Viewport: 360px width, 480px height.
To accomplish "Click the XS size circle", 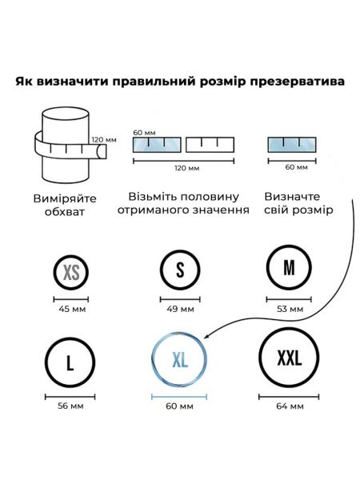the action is [x=54, y=272].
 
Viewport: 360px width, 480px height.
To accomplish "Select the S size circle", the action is [x=161, y=270].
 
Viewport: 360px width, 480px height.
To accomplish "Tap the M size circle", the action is [x=267, y=267].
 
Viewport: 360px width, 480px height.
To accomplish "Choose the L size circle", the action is [x=46, y=362].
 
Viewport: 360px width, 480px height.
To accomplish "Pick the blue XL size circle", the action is [x=153, y=359].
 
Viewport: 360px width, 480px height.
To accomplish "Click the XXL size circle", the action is [x=260, y=357].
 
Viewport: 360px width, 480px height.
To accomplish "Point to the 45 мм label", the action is [x=72, y=309].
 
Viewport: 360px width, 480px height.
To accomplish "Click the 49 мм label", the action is [x=180, y=309].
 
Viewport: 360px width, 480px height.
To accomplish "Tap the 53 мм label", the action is [x=290, y=309].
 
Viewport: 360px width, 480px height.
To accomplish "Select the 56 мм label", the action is [x=70, y=406].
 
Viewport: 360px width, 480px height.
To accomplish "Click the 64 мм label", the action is [x=290, y=406].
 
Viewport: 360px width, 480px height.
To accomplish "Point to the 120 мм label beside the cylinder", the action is [x=104, y=140].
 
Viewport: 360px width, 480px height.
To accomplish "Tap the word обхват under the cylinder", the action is [x=65, y=212].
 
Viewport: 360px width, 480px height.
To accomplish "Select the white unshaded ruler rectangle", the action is [x=210, y=145].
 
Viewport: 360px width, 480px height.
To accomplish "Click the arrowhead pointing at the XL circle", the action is [x=206, y=337].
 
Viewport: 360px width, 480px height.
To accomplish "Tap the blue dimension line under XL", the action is [x=179, y=397].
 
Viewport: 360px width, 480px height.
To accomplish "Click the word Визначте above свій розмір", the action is [x=292, y=197].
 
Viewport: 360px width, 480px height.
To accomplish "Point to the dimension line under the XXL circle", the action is [x=289, y=397].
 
